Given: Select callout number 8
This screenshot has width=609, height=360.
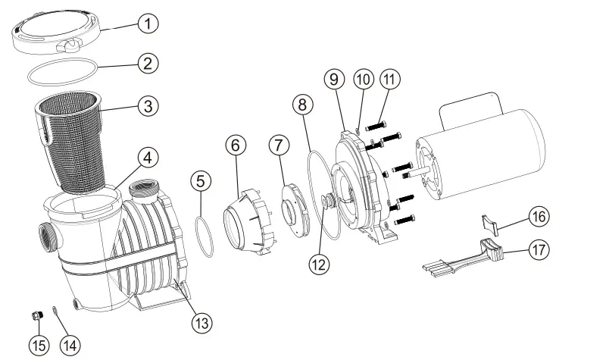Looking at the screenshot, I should pyautogui.click(x=302, y=104).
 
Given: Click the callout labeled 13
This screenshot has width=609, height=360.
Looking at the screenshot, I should pyautogui.click(x=200, y=324).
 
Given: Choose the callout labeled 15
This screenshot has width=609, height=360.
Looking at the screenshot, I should pyautogui.click(x=39, y=346).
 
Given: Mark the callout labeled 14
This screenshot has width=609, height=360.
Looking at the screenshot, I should pyautogui.click(x=69, y=346).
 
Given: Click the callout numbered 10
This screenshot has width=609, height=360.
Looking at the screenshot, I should pyautogui.click(x=362, y=79).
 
